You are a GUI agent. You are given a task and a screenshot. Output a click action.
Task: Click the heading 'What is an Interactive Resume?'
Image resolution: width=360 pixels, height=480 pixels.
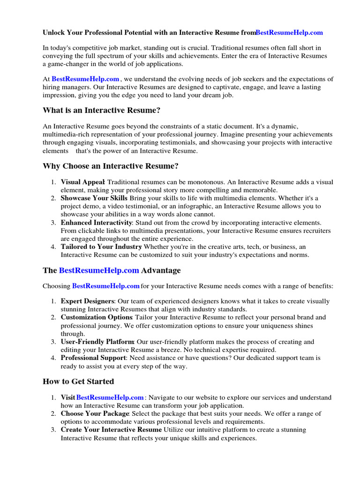pos(102,111)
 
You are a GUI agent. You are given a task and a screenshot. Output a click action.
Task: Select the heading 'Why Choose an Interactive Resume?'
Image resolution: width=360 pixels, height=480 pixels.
pos(111,166)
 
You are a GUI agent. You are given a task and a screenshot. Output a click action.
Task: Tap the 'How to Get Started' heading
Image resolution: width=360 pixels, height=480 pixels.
pos(78,382)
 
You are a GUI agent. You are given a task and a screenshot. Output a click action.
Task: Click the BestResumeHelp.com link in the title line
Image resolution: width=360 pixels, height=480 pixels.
pos(289,33)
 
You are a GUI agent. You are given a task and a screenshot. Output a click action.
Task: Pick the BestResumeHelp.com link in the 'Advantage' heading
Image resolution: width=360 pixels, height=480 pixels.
pos(99,270)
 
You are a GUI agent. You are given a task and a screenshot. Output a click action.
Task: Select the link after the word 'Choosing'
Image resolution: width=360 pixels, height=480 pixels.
pos(106,286)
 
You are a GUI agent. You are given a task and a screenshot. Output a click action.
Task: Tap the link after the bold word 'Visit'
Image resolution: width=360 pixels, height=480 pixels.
pos(110,397)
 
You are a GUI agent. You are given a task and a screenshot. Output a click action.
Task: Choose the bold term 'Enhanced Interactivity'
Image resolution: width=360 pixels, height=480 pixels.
pos(97,223)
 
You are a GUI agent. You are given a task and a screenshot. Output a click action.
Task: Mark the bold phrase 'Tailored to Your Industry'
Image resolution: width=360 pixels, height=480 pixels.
pos(101,247)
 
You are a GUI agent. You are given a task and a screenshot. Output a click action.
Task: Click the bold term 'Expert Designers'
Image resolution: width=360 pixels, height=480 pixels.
pos(87,301)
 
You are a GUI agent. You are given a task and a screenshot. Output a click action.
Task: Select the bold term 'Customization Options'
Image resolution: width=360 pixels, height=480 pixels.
pos(93,317)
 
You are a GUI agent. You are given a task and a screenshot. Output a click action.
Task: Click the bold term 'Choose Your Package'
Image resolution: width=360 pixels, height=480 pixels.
pos(95,413)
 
